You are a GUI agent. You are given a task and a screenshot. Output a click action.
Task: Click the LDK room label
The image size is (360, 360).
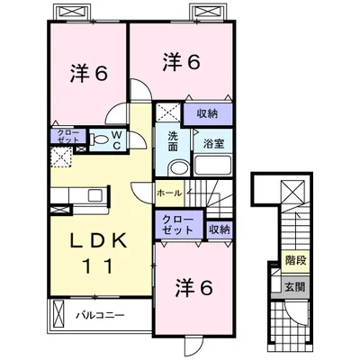click(98, 240)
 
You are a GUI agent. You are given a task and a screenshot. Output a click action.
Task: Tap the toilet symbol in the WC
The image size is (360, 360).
click(99, 139)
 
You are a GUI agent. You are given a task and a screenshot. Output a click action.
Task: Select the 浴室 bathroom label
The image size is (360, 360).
click(213, 144)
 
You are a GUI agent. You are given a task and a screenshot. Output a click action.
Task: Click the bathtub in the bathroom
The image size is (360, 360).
click(212, 166)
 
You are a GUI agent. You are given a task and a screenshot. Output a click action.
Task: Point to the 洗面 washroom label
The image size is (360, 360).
click(173, 141)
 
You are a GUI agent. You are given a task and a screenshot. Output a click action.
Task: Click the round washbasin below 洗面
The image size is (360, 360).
click(178, 168)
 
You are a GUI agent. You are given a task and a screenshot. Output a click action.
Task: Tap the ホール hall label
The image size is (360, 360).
click(169, 193)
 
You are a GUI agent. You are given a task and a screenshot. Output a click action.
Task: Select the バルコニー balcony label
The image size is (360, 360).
click(100, 315)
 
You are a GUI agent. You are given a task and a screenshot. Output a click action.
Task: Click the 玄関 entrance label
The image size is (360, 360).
click(295, 287)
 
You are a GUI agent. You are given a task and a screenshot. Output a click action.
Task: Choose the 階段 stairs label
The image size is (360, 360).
click(295, 260)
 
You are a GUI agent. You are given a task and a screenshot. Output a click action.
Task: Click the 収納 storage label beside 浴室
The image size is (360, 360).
click(207, 113)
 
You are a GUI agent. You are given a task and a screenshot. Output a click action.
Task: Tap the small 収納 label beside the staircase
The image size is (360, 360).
click(220, 229)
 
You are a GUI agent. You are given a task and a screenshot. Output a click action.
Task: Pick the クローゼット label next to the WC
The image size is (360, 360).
click(68, 136)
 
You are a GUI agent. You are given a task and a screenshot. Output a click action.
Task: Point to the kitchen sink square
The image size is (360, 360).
click(95, 195)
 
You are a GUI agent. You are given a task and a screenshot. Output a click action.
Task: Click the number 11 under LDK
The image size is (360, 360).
click(98, 265)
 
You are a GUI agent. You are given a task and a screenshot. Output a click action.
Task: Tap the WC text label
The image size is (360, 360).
click(117, 140)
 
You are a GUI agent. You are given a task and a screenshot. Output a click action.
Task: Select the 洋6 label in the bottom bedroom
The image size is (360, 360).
click(194, 288)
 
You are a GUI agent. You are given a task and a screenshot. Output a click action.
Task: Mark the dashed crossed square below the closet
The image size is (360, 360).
click(61, 157)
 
